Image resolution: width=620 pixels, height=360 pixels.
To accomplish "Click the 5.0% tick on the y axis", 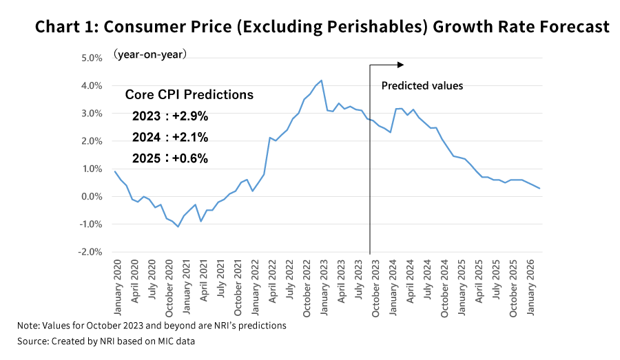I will [x=92, y=58].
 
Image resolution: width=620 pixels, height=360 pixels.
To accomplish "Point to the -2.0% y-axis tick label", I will [x=90, y=252].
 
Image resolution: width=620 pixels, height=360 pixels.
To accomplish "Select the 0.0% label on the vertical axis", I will [x=92, y=196].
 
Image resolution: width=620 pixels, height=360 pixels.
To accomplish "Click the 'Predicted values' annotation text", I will [x=422, y=86].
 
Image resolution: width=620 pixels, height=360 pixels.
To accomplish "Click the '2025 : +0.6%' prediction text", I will [x=169, y=158].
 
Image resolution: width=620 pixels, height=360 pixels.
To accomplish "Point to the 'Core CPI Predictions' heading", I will [x=189, y=95].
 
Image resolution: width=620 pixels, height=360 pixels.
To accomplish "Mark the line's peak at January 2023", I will [x=322, y=81].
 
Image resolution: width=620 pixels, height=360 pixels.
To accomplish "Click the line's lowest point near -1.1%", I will [x=178, y=226].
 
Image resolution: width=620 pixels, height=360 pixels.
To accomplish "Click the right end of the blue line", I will [x=539, y=189].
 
